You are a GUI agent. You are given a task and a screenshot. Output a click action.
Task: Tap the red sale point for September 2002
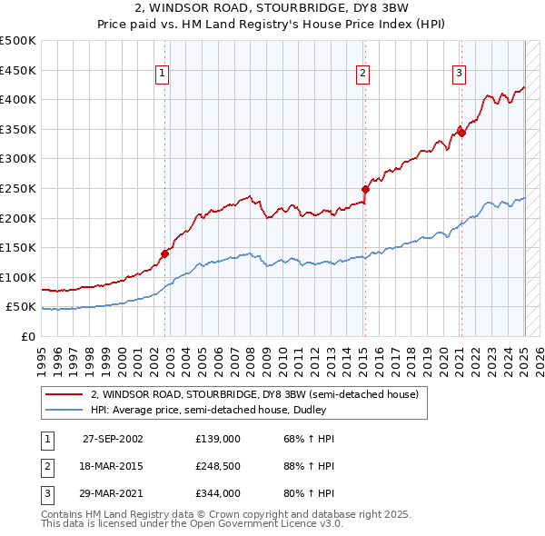165,254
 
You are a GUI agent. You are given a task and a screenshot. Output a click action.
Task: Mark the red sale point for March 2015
365,190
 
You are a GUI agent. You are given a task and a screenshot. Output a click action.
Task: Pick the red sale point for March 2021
461,133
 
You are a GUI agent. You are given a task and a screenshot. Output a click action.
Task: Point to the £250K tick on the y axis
18,188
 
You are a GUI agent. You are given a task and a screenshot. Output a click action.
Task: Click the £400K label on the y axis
18,99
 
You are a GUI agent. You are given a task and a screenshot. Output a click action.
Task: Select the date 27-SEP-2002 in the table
113,439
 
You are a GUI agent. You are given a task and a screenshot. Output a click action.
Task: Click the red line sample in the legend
64,395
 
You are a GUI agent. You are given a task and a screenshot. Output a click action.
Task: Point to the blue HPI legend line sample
64,410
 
